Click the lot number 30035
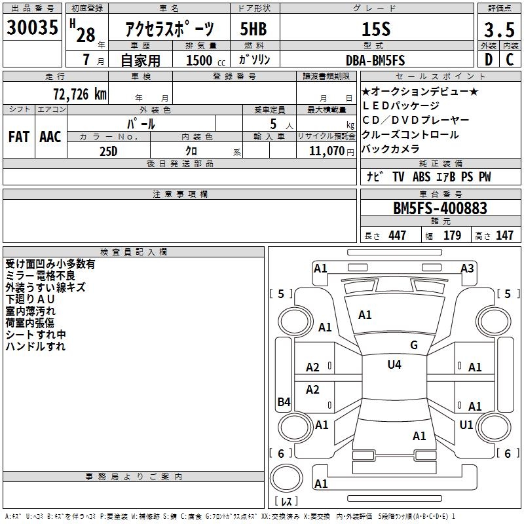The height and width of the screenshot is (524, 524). tap(32, 28)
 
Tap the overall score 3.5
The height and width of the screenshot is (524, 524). tap(499, 29)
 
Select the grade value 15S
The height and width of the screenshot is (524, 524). tap(376, 29)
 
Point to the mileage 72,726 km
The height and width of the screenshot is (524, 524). tap(80, 94)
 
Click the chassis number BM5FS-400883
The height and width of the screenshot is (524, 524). tap(440, 208)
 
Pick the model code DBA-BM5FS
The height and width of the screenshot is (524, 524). tap(375, 60)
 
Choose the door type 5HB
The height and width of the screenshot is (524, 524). tap(253, 29)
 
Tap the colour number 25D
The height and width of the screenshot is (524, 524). tap(109, 151)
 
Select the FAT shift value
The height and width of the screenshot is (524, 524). tap(19, 137)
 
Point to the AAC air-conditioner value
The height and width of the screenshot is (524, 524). tap(50, 137)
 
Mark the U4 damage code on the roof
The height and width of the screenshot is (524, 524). tap(394, 364)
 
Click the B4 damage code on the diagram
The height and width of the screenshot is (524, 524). tap(284, 402)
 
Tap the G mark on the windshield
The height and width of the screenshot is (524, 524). tap(414, 345)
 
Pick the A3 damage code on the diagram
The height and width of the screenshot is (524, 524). tap(467, 269)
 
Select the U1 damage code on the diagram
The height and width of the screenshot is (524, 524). tap(466, 424)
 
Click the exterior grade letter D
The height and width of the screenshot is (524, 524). tap(489, 60)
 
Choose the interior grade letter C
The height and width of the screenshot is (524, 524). tap(510, 60)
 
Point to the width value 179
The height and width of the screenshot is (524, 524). tap(452, 235)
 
